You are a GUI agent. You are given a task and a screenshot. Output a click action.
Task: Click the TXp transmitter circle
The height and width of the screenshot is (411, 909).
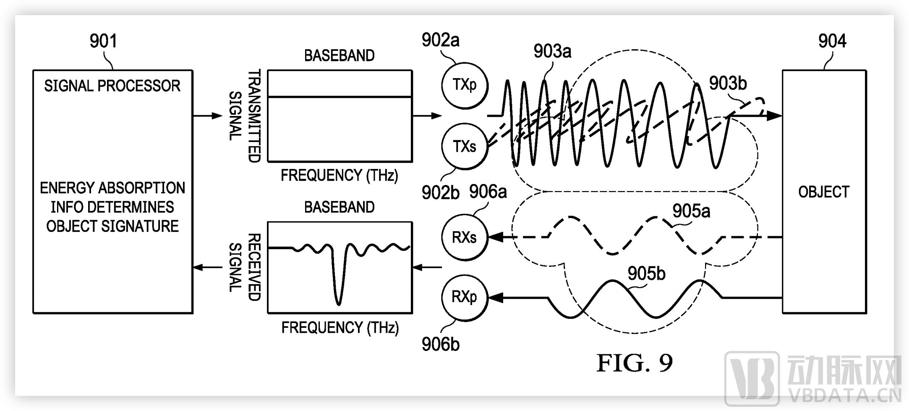464,85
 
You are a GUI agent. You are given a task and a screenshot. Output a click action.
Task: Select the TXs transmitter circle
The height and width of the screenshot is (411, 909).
464,146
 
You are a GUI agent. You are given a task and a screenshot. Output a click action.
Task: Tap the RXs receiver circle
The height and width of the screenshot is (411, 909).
464,237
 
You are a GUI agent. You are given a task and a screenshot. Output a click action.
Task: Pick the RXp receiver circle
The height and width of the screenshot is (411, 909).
464,297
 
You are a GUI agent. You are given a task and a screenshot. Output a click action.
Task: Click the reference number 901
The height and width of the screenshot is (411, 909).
104,41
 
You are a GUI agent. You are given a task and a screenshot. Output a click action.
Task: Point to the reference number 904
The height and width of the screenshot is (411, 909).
832,41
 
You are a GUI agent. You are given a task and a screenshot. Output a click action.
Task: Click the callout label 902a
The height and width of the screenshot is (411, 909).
441,40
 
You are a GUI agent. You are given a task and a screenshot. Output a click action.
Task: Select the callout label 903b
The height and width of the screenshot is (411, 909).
728,84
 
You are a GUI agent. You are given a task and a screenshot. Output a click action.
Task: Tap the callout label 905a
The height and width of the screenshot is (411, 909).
691,211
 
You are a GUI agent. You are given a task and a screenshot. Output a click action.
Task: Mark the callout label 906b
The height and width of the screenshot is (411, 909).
441,345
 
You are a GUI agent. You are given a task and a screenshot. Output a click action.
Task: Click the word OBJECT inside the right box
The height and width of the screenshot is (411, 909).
824,192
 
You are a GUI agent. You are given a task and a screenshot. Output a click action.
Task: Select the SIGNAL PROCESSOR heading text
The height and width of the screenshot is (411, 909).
112,86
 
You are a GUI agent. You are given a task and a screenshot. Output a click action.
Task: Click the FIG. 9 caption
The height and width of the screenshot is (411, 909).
635,363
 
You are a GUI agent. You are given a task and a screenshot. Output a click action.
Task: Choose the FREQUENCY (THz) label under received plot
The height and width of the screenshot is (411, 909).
340,328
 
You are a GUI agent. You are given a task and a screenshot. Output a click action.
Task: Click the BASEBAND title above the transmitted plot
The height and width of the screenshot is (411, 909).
339,55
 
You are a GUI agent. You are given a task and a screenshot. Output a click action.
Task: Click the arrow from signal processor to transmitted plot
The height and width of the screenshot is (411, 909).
208,116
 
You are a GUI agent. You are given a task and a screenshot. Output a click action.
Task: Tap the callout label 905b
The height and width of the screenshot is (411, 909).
646,274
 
